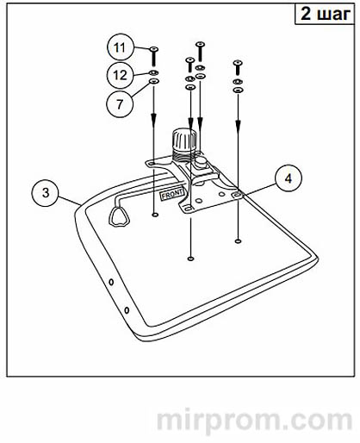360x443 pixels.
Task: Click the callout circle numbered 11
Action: pos(121,47)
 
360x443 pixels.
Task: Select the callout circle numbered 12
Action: pos(121,75)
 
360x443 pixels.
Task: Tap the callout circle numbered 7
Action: pos(120,103)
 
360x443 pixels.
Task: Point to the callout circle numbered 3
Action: pos(45,192)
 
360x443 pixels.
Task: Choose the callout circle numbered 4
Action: pos(289,178)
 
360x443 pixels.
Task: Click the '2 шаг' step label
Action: pos(326,14)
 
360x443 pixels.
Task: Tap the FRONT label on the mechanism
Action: pos(171,194)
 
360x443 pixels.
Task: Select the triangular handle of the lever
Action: pos(119,216)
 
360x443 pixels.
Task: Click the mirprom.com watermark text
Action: pos(254,420)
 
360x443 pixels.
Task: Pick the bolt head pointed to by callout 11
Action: pos(154,49)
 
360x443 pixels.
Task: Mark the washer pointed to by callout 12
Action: pos(154,72)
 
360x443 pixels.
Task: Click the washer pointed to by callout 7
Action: pos(154,81)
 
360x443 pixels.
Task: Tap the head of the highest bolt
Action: pos(200,44)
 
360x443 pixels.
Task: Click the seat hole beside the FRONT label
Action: pos(155,215)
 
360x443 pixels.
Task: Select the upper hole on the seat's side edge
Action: pos(111,282)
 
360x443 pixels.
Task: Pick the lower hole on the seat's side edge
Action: pos(127,310)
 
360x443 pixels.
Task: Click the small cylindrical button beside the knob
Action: pos(200,160)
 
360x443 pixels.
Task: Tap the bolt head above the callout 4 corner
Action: pos(238,63)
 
